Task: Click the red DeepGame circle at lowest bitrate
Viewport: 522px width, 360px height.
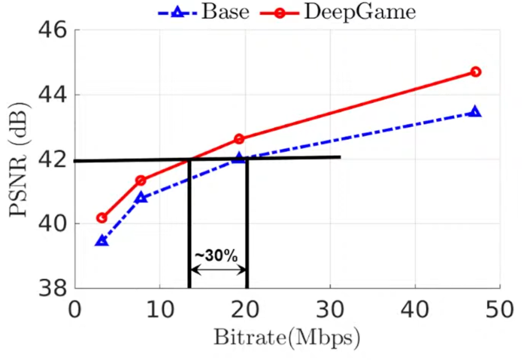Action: click(102, 217)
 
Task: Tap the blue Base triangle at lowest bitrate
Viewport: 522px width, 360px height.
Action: click(102, 241)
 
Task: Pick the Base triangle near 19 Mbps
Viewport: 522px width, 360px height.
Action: click(239, 158)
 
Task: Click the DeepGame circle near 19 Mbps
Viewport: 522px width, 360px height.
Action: click(239, 139)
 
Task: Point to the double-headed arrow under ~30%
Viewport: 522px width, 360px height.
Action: click(218, 270)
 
